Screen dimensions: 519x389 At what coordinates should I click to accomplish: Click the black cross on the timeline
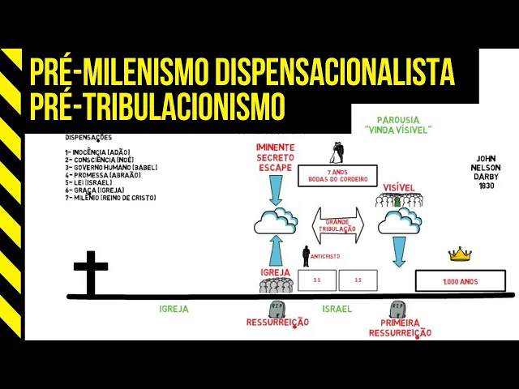[x=90, y=271]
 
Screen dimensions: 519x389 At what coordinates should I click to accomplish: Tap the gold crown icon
[x=460, y=254]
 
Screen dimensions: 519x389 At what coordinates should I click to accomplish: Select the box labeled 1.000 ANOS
[x=460, y=281]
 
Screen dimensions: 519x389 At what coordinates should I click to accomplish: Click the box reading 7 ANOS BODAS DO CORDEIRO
[x=337, y=176]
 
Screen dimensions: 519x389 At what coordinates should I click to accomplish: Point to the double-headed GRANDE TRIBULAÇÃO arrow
[x=339, y=224]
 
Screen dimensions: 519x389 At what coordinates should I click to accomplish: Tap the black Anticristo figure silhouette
[x=307, y=256]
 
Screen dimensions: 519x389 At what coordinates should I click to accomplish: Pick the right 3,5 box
[x=358, y=280]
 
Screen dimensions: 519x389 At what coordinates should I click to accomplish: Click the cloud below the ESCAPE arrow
[x=276, y=220]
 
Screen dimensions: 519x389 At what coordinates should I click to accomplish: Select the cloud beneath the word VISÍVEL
[x=399, y=220]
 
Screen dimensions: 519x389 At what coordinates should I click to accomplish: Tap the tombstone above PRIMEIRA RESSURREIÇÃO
[x=397, y=310]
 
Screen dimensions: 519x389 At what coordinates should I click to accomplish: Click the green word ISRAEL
[x=337, y=309]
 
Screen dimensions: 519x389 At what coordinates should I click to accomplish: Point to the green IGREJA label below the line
[x=174, y=309]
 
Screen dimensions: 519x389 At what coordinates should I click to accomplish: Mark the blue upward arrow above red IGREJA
[x=275, y=250]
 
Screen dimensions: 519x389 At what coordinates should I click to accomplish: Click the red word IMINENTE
[x=275, y=147]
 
